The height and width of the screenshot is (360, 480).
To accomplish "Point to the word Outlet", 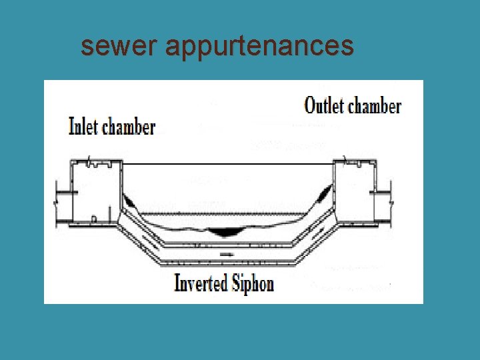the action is (324, 105).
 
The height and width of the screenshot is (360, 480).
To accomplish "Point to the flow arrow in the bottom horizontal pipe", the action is (226, 254).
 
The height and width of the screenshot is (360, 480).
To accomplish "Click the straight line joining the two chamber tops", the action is (227, 163).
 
